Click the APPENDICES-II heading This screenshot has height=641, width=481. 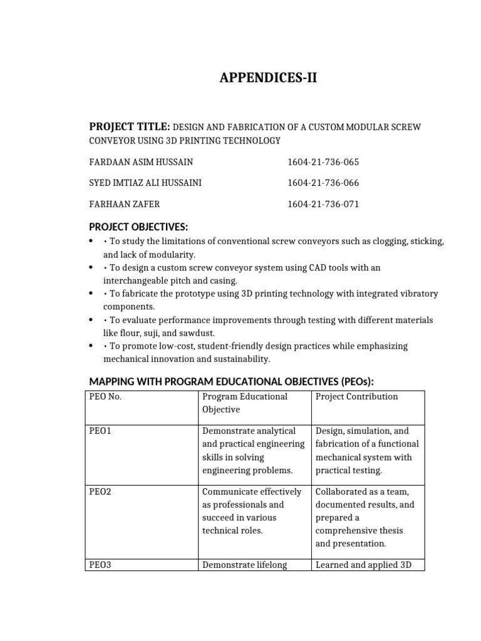(x=263, y=78)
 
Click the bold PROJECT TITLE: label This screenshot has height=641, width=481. (x=130, y=126)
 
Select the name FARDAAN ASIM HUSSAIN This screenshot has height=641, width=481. (x=142, y=162)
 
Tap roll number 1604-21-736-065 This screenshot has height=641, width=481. (x=323, y=162)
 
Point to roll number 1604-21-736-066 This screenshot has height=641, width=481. (x=323, y=183)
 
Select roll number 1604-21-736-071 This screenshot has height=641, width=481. (x=323, y=204)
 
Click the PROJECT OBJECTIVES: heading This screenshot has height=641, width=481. (x=138, y=226)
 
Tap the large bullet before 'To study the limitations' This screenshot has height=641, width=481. (x=92, y=241)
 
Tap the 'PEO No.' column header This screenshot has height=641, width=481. (x=105, y=397)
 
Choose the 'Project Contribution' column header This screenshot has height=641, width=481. (x=356, y=397)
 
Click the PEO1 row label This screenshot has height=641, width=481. (x=100, y=431)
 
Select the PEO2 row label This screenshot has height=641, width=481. (x=100, y=492)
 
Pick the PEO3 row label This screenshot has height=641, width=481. (x=100, y=565)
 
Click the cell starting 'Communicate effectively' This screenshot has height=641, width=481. (x=251, y=511)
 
